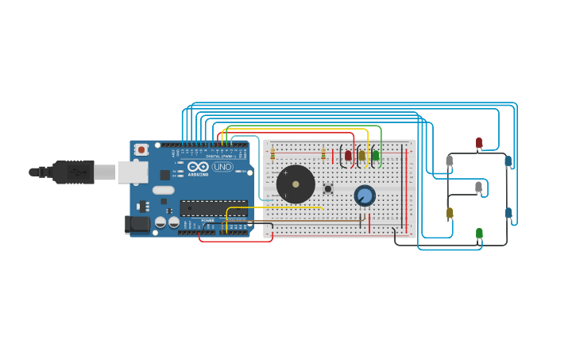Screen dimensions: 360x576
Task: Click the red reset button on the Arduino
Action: tap(141, 149)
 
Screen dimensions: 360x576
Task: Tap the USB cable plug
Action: tap(75, 172)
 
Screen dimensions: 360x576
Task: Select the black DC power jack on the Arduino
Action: tap(137, 224)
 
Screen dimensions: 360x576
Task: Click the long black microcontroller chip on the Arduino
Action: tap(214, 208)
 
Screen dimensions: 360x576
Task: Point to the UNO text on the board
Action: tap(222, 167)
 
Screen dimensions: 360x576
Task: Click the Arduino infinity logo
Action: tap(198, 167)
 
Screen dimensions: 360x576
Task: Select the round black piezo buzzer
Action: tap(296, 184)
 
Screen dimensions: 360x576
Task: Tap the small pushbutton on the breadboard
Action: tap(327, 189)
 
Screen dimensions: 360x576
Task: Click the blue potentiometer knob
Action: tap(365, 195)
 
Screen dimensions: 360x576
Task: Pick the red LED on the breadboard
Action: tap(348, 156)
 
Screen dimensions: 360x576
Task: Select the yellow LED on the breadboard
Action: tap(362, 156)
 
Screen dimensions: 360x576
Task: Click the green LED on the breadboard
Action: tap(376, 156)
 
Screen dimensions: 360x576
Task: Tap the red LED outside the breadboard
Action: tap(479, 143)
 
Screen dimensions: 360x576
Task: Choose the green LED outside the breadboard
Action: tap(479, 234)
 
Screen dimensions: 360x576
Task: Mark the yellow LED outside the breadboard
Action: tap(450, 213)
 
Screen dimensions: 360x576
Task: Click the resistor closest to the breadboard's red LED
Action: tap(323, 154)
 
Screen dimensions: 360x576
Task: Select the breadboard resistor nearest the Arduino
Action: tap(273, 153)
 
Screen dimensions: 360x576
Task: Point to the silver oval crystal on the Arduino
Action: tap(164, 190)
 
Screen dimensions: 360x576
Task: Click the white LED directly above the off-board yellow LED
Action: tap(450, 161)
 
